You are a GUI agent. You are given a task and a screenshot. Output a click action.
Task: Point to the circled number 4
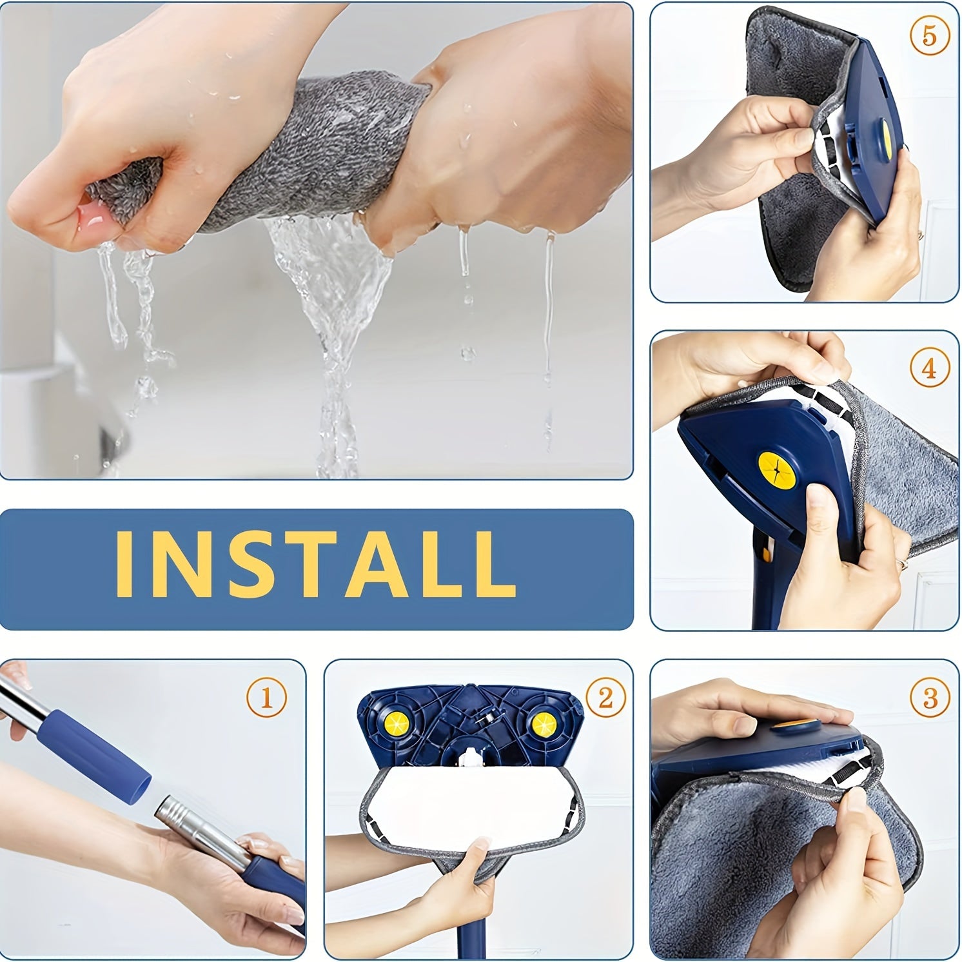tap(929, 368)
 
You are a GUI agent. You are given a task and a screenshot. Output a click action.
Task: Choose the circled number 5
tap(929, 35)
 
